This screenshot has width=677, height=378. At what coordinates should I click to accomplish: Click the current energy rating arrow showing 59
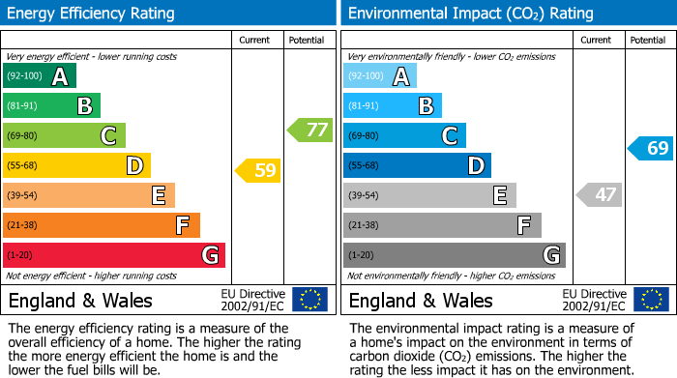[257, 171]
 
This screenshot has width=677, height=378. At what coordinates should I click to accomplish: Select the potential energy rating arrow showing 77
[309, 130]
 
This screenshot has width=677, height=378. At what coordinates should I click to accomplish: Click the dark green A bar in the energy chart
[40, 75]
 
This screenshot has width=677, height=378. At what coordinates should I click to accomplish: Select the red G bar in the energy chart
[114, 255]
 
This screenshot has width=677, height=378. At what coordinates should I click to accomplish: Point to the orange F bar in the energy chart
[102, 225]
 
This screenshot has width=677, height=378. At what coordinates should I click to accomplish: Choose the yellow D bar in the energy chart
[76, 165]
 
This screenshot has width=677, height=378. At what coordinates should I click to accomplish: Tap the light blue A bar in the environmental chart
[380, 75]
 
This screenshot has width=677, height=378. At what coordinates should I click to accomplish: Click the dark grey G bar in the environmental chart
[454, 255]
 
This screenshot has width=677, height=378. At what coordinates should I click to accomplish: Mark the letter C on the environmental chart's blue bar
[449, 135]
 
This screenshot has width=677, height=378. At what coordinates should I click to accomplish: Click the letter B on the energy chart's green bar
[84, 105]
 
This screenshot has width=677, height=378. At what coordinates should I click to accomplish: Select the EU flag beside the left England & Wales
[309, 299]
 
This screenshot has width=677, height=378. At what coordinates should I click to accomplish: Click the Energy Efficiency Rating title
[92, 14]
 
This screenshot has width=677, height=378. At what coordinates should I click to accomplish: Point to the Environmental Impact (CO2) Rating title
[470, 14]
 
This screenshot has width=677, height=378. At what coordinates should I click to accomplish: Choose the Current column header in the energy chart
[255, 40]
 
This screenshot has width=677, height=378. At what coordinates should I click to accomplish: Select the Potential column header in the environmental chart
[648, 40]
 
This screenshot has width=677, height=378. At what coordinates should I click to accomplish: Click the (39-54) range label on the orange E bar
[22, 195]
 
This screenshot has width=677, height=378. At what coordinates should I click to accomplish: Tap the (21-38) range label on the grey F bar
[363, 225]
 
